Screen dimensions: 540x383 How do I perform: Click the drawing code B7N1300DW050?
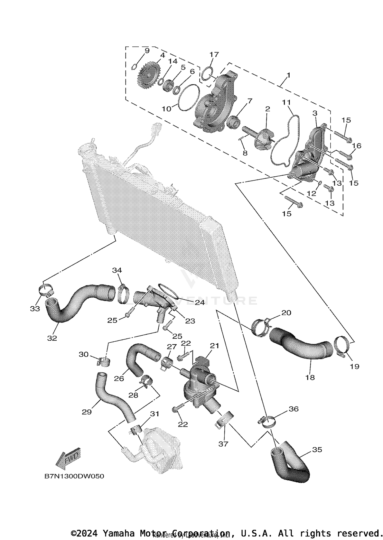74,476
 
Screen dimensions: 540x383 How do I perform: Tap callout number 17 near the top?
214,54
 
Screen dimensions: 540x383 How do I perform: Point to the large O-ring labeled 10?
189,98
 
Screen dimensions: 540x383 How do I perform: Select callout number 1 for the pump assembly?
288,75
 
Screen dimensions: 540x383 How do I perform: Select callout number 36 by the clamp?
294,409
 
